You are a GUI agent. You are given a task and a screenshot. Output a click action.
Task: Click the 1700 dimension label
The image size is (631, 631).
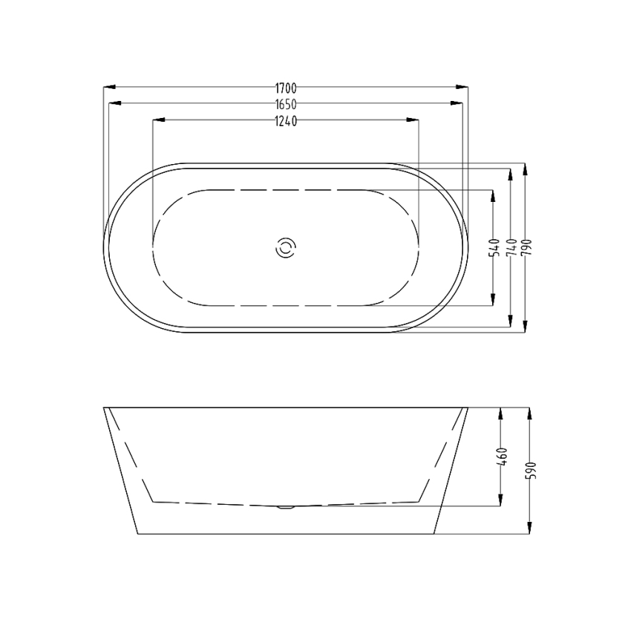point(285,88)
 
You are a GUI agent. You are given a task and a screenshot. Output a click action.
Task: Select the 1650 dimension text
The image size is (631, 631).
point(285,105)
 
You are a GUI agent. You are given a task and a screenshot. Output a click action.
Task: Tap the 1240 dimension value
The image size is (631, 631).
point(285,121)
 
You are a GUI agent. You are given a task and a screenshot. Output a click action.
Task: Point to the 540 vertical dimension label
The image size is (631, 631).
point(494,247)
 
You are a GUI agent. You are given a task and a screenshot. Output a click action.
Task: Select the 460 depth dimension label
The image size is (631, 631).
point(503,455)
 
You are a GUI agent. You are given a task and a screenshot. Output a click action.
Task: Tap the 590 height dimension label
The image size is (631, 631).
point(530,470)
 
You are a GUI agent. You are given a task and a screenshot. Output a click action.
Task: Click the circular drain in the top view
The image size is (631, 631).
point(285,248)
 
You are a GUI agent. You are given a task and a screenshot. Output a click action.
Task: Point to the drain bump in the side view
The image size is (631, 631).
point(285,508)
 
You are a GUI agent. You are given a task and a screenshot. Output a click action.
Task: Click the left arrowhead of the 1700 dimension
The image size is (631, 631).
point(105,88)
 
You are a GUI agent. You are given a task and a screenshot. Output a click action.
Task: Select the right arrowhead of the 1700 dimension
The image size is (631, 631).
point(465,88)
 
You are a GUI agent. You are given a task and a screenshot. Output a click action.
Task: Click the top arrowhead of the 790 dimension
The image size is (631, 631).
point(526,167)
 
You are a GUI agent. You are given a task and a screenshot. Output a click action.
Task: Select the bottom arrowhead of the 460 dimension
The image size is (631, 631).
point(503,503)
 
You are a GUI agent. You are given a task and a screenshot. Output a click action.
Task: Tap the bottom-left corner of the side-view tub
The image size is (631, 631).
point(138,534)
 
